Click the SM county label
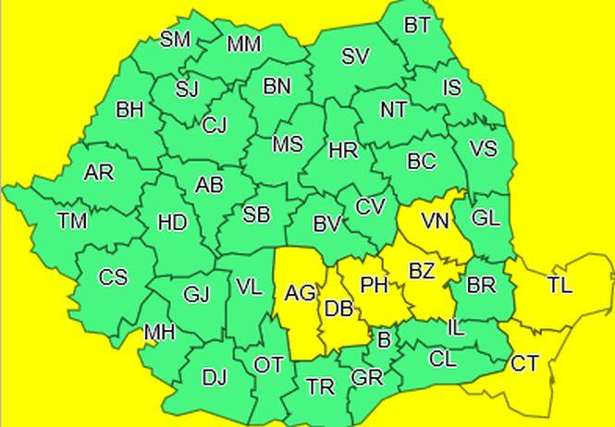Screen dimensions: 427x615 pyautogui.click(x=175, y=39)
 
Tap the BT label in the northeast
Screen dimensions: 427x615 pyautogui.click(x=417, y=25)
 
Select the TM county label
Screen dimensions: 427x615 pyautogui.click(x=71, y=221)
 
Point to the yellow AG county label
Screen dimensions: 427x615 pyautogui.click(x=300, y=294)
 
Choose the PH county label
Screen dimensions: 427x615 pyautogui.click(x=375, y=286)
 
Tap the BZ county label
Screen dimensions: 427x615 pyautogui.click(x=422, y=272)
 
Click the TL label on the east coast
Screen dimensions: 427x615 pyautogui.click(x=559, y=285)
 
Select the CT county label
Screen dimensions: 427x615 pyautogui.click(x=524, y=363)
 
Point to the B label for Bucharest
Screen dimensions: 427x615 pyautogui.click(x=385, y=340)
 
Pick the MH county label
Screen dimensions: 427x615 pyautogui.click(x=158, y=332)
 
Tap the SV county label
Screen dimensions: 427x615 pyautogui.click(x=355, y=56)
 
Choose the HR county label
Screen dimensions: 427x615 pyautogui.click(x=343, y=150)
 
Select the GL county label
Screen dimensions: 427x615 pyautogui.click(x=486, y=218)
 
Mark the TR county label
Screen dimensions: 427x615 pyautogui.click(x=320, y=387)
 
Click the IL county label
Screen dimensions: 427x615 pyautogui.click(x=456, y=328)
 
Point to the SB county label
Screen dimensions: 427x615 pyautogui.click(x=256, y=215)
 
